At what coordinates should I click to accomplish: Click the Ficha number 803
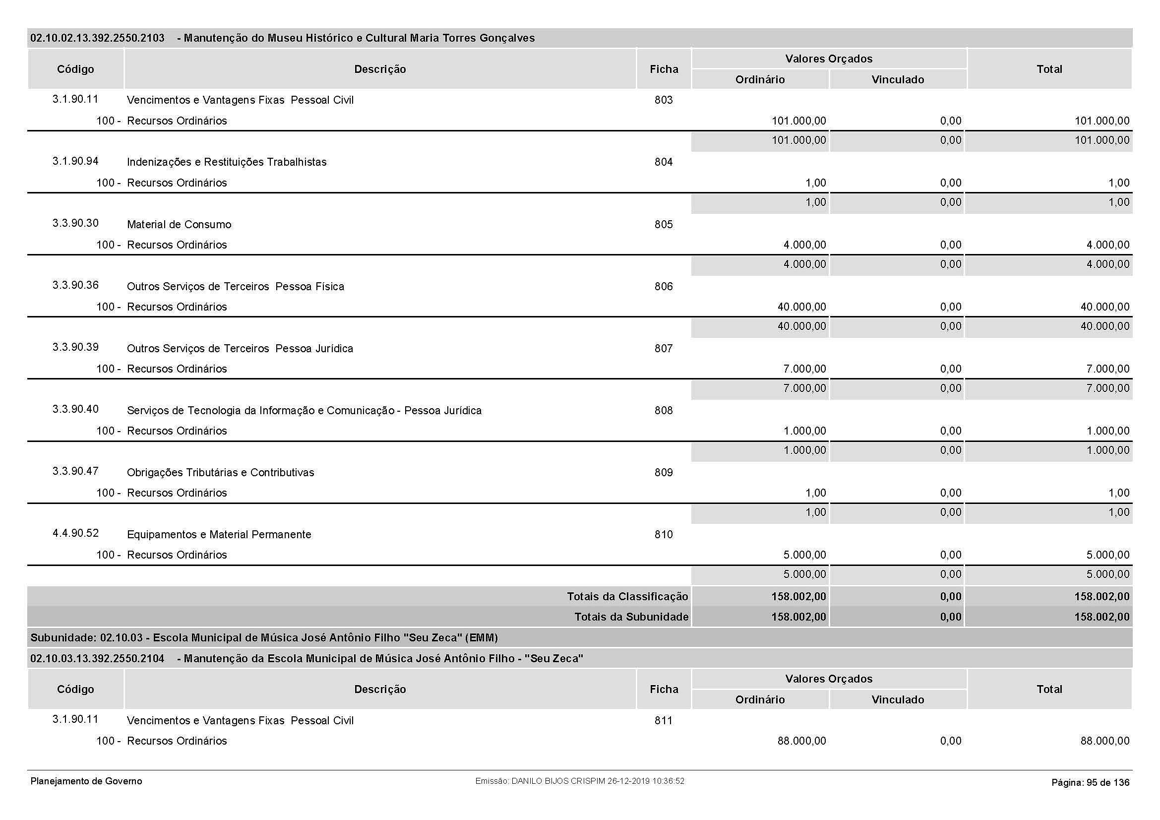tap(664, 100)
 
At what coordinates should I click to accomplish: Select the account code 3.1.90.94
tap(75, 161)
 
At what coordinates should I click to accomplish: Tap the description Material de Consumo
tap(179, 224)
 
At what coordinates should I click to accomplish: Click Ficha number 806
tap(664, 286)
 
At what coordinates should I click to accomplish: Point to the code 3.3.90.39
tap(75, 347)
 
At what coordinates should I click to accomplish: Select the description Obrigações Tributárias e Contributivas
tap(220, 472)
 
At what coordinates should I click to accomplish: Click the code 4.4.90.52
tap(75, 533)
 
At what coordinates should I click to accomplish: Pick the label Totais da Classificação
tap(627, 597)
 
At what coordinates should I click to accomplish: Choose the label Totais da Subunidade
tap(631, 617)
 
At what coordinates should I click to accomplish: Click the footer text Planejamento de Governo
tap(86, 781)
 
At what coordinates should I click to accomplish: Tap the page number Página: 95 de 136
tap(1090, 783)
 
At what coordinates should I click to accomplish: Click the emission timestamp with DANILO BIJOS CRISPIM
tap(579, 781)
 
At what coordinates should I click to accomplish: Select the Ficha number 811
tap(664, 720)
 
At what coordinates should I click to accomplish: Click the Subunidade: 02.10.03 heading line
tap(264, 637)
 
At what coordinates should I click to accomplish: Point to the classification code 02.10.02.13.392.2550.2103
tap(98, 38)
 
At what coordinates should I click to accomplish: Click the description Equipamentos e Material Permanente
tap(219, 535)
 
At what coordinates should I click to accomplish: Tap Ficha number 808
tap(664, 410)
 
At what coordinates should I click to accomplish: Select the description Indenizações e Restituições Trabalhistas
tap(226, 162)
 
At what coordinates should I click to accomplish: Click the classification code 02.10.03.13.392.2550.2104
tap(98, 658)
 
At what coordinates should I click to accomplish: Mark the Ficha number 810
tap(664, 535)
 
